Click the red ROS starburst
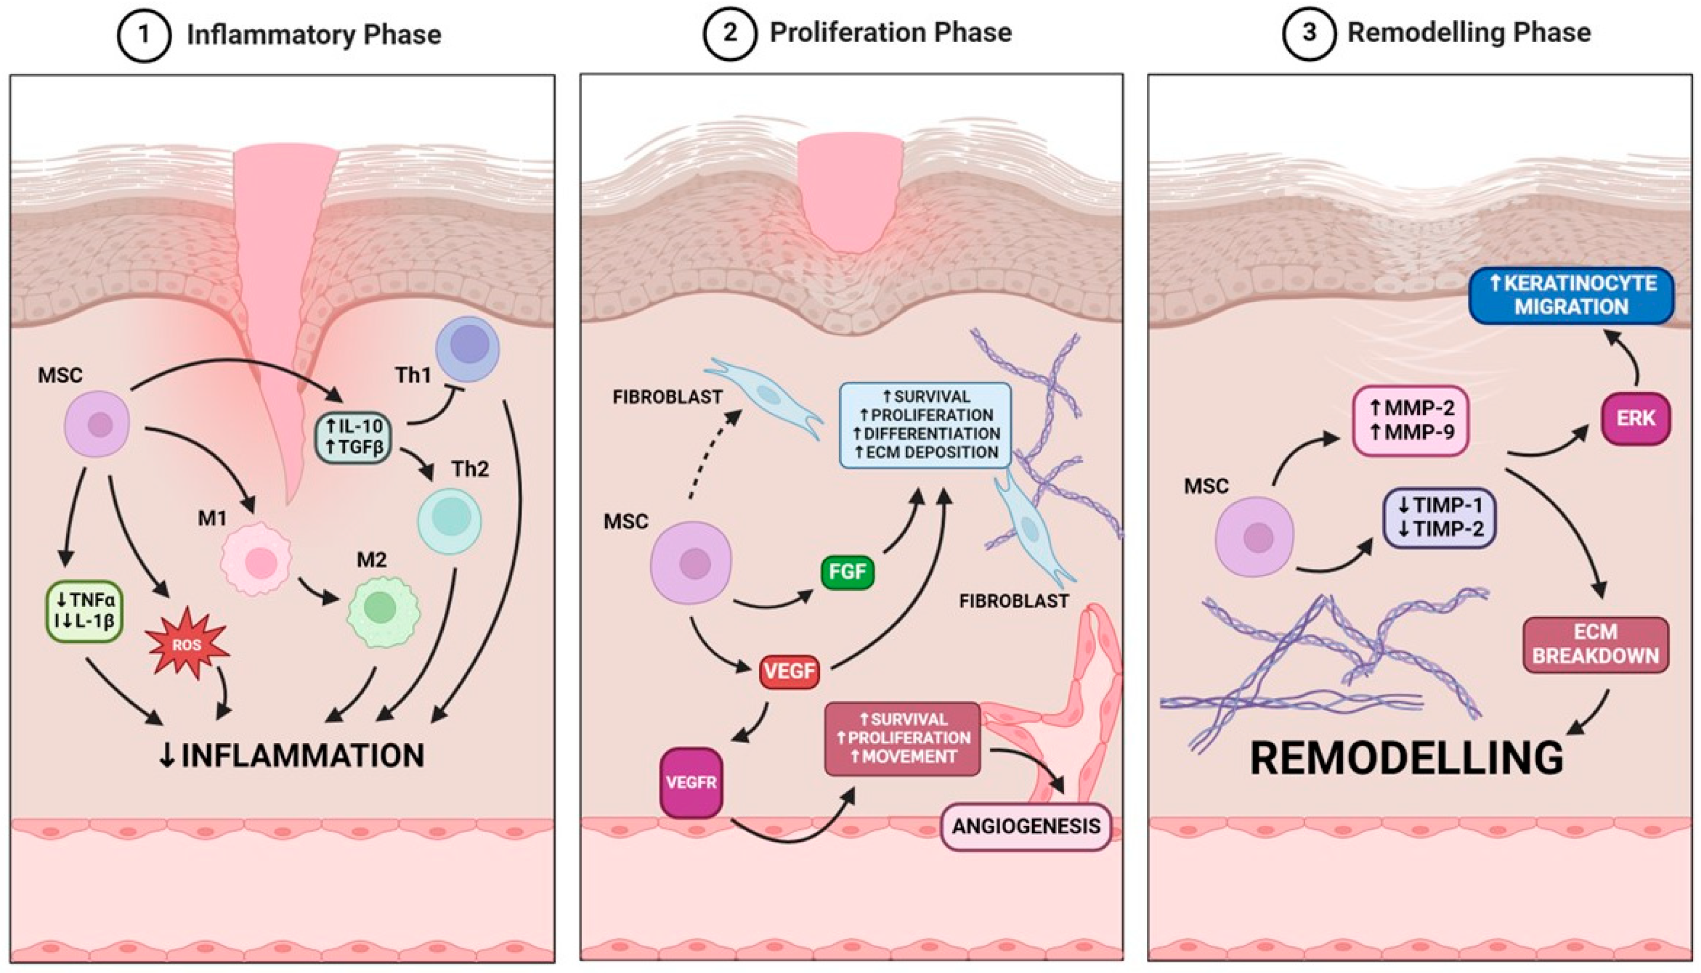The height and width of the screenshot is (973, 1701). point(188,643)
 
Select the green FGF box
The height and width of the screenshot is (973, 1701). point(847,572)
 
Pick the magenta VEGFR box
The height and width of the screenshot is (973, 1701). point(691,783)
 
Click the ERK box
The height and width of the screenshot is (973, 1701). point(1635,419)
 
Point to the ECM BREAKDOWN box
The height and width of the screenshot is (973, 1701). point(1595,644)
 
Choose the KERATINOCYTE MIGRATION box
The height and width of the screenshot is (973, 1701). point(1571,295)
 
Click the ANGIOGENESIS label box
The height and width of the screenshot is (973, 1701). point(1026,826)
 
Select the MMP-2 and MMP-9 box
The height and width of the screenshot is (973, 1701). point(1411,420)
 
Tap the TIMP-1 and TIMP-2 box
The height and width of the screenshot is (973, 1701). point(1439,517)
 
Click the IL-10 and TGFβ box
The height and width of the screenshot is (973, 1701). point(353,436)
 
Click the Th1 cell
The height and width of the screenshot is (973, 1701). point(468,349)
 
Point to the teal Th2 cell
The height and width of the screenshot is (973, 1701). point(450,520)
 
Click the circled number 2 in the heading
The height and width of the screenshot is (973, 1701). point(729,34)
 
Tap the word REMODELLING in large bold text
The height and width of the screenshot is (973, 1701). point(1407,758)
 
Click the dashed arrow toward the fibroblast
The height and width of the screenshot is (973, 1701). point(715,454)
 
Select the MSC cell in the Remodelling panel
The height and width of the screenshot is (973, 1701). point(1254,536)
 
